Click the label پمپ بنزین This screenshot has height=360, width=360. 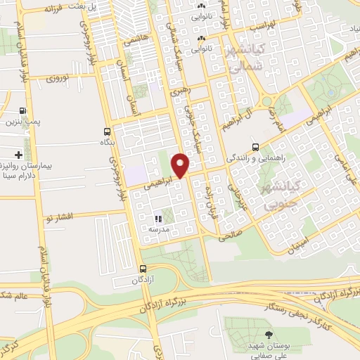(x=22, y=123)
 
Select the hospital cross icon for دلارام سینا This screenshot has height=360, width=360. (x=18, y=155)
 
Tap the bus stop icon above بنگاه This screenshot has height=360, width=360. (x=106, y=131)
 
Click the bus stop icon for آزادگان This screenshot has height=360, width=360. (x=143, y=268)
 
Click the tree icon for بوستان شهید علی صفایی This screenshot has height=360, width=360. (x=266, y=335)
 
